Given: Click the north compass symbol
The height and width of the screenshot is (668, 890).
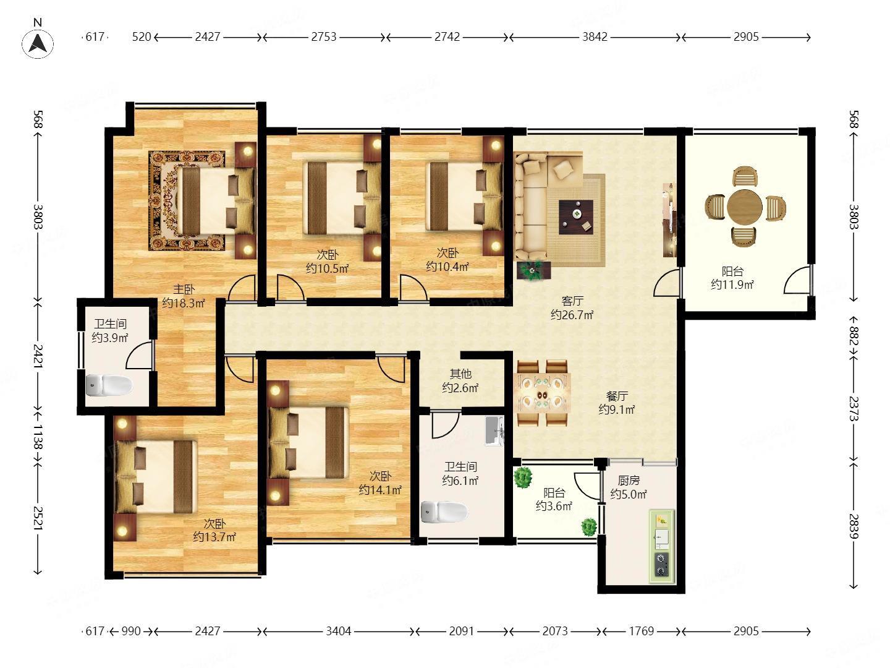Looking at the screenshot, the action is pyautogui.click(x=37, y=43).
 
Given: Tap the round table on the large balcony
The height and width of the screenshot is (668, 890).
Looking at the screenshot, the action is pyautogui.click(x=744, y=207).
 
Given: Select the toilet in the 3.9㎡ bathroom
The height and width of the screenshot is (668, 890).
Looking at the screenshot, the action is pyautogui.click(x=109, y=385).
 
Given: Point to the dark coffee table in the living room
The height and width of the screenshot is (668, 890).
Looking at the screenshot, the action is pyautogui.click(x=576, y=217).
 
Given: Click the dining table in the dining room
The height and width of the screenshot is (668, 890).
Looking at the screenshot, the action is pyautogui.click(x=542, y=393).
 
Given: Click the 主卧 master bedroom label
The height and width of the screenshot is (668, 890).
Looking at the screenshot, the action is pyautogui.click(x=184, y=289).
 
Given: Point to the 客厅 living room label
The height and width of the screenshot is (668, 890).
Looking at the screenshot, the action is pyautogui.click(x=572, y=301).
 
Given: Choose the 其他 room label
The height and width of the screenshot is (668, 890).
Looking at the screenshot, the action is pyautogui.click(x=460, y=374).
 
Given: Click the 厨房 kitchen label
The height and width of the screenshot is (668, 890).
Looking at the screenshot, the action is pyautogui.click(x=629, y=481).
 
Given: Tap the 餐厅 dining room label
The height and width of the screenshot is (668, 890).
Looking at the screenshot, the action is pyautogui.click(x=617, y=396).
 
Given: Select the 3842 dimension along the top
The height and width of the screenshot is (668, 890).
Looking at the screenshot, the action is pyautogui.click(x=595, y=37).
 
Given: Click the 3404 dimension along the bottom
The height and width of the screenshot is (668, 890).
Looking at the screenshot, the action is pyautogui.click(x=339, y=631).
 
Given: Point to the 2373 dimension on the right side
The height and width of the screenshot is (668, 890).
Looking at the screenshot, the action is pyautogui.click(x=853, y=408).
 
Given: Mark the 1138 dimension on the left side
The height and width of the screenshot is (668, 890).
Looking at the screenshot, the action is pyautogui.click(x=37, y=437).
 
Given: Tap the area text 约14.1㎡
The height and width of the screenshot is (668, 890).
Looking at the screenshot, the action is pyautogui.click(x=380, y=490).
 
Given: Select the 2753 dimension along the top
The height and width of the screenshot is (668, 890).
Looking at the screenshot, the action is pyautogui.click(x=324, y=37).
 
